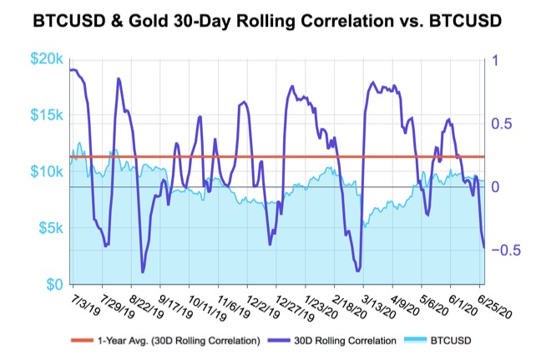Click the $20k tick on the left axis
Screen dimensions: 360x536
pyautogui.click(x=48, y=59)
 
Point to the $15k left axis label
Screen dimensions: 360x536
pyautogui.click(x=48, y=115)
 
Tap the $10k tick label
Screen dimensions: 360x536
pyautogui.click(x=48, y=171)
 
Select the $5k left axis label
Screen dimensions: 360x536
pyautogui.click(x=50, y=227)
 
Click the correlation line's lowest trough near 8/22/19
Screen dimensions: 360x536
pyautogui.click(x=143, y=271)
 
